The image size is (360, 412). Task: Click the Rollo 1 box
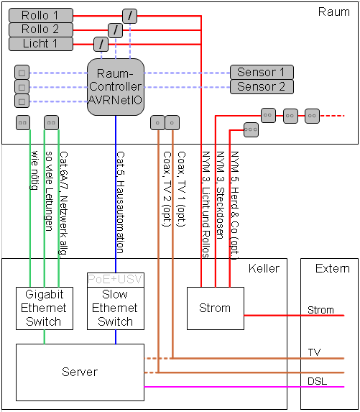[x=41, y=15]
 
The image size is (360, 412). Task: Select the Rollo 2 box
[x=41, y=29]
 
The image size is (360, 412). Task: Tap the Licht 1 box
[x=41, y=44]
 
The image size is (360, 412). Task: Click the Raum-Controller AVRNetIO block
[x=116, y=87]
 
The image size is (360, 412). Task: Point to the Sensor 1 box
[x=262, y=72]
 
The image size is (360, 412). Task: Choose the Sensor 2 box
[x=262, y=86]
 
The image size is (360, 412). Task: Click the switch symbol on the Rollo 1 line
[x=130, y=16]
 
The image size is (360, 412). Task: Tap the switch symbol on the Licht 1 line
[x=101, y=44]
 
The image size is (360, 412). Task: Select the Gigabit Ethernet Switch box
[x=45, y=308]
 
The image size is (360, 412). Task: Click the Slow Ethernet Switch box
[x=116, y=308]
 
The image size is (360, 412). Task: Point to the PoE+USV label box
[x=116, y=280]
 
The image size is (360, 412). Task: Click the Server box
[x=80, y=372]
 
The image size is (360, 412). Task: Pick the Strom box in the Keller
[x=216, y=308]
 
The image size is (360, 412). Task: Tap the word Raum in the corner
[x=334, y=12]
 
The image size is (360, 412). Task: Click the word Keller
[x=264, y=268]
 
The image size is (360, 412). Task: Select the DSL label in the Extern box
[x=317, y=381]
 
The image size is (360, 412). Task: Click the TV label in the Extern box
[x=314, y=352]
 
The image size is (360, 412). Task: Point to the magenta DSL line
[x=244, y=387]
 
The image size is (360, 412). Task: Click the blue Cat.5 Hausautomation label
[x=120, y=202]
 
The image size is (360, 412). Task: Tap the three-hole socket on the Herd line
[x=251, y=130]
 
